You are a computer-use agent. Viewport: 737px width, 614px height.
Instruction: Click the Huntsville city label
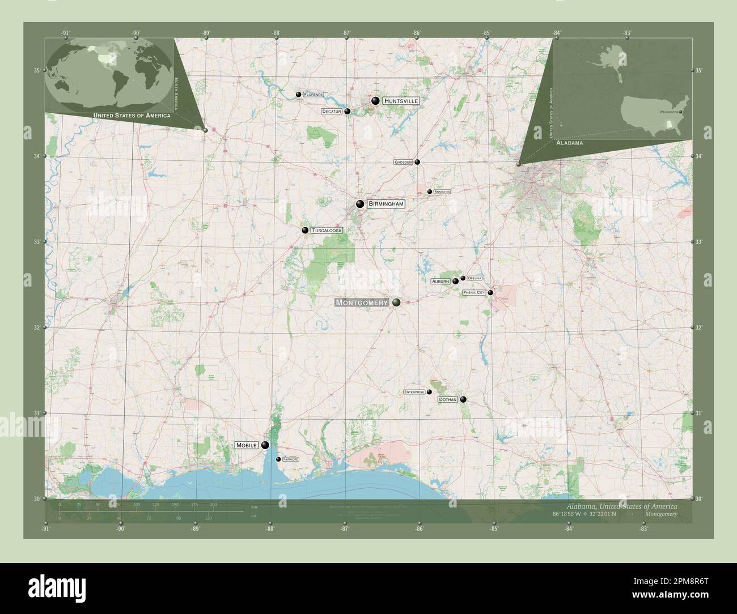401,101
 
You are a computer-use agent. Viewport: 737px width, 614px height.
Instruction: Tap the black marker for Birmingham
360,204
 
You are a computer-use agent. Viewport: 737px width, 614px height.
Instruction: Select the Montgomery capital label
362,302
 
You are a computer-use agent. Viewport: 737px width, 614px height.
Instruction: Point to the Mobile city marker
265,445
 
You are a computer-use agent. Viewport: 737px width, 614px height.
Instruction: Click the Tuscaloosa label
327,231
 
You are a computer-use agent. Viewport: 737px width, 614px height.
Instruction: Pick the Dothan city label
447,399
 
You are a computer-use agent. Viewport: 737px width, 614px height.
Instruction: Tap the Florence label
313,94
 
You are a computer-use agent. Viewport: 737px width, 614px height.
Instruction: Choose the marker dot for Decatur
347,112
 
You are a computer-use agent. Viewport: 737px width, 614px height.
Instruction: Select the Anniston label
442,192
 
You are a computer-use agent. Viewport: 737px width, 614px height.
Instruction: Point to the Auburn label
440,281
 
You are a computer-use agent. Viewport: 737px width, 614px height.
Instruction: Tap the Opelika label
475,278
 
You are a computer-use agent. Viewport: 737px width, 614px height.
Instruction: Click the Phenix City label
474,292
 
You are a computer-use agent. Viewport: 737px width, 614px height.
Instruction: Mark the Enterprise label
414,392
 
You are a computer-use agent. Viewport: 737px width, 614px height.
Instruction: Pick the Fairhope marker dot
278,459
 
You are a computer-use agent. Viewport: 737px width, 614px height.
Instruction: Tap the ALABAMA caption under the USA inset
569,143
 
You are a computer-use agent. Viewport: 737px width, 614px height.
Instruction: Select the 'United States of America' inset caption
132,116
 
